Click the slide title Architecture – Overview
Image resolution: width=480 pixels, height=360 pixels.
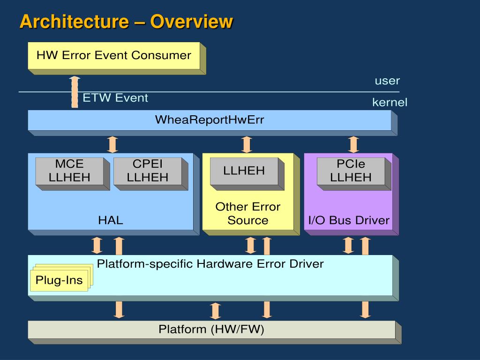pos(126,22)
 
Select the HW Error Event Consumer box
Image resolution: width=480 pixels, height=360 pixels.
pos(117,58)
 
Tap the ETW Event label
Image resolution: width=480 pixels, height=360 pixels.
pos(115,98)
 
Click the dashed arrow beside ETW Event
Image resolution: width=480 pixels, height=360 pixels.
pos(75,92)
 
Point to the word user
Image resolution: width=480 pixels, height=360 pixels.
pos(387,81)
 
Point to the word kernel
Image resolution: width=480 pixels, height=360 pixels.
pos(390,102)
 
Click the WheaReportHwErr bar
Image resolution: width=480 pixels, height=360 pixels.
pos(212,123)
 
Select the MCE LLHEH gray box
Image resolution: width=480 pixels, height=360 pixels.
pos(73,173)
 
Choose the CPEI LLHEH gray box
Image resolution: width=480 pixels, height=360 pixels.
pos(150,173)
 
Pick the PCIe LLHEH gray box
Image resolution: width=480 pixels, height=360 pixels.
pos(354,173)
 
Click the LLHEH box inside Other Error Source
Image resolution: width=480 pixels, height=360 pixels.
pos(247,173)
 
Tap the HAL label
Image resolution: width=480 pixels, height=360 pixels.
pos(111,220)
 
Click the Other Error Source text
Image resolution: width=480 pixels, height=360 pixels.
pos(248,213)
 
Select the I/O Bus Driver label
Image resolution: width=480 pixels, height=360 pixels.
pos(349,220)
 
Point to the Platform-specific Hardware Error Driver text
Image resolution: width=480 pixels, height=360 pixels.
pos(210,264)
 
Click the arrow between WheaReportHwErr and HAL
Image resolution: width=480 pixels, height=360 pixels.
pos(112,144)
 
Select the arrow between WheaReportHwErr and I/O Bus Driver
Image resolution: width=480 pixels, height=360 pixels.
pos(353,144)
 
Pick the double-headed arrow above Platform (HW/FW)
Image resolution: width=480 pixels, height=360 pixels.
pos(215,311)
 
